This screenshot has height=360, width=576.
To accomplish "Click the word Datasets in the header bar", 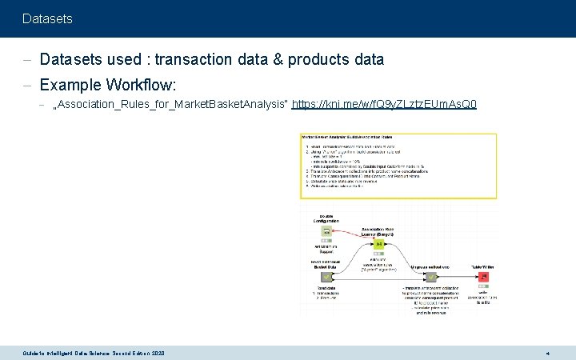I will click(x=47, y=18).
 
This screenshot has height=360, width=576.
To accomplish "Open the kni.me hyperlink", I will click(x=385, y=105).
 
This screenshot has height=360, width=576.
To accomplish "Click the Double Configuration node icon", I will click(x=326, y=233).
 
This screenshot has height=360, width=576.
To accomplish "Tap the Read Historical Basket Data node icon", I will click(x=326, y=277).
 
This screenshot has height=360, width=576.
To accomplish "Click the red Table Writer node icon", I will click(x=483, y=277).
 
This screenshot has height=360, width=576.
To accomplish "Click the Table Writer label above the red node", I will click(x=483, y=266).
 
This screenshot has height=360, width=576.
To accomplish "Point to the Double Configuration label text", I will click(x=326, y=218).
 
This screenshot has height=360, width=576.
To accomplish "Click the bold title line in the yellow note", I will click(x=352, y=137).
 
